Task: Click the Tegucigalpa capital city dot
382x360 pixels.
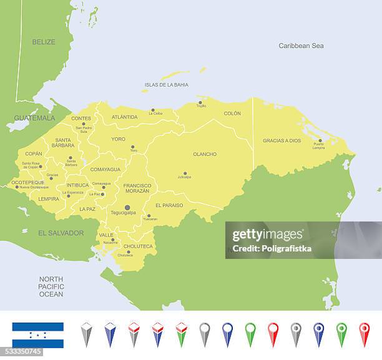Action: click(127, 207)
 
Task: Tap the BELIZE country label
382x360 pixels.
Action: click(44, 42)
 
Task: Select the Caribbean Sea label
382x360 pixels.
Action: click(301, 46)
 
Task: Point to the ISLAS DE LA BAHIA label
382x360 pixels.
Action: click(166, 85)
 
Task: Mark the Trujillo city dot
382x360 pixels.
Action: click(200, 102)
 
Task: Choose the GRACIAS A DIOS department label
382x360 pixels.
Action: click(282, 140)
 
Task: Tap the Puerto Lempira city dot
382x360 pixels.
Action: click(320, 141)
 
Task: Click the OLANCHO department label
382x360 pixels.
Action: click(205, 154)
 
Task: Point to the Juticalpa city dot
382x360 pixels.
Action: click(185, 173)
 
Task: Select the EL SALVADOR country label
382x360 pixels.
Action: click(61, 233)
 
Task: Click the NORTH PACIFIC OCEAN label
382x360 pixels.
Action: click(51, 286)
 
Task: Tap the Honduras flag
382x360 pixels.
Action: click(38, 334)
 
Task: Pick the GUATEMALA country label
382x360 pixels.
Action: click(34, 118)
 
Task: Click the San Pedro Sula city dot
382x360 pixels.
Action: click(83, 124)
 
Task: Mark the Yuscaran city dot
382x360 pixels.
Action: click(149, 216)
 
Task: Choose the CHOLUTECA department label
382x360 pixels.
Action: click(138, 246)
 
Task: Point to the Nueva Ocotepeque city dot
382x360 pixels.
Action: click(17, 187)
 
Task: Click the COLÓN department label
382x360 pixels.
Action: click(232, 114)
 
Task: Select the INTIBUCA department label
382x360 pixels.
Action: click(77, 185)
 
